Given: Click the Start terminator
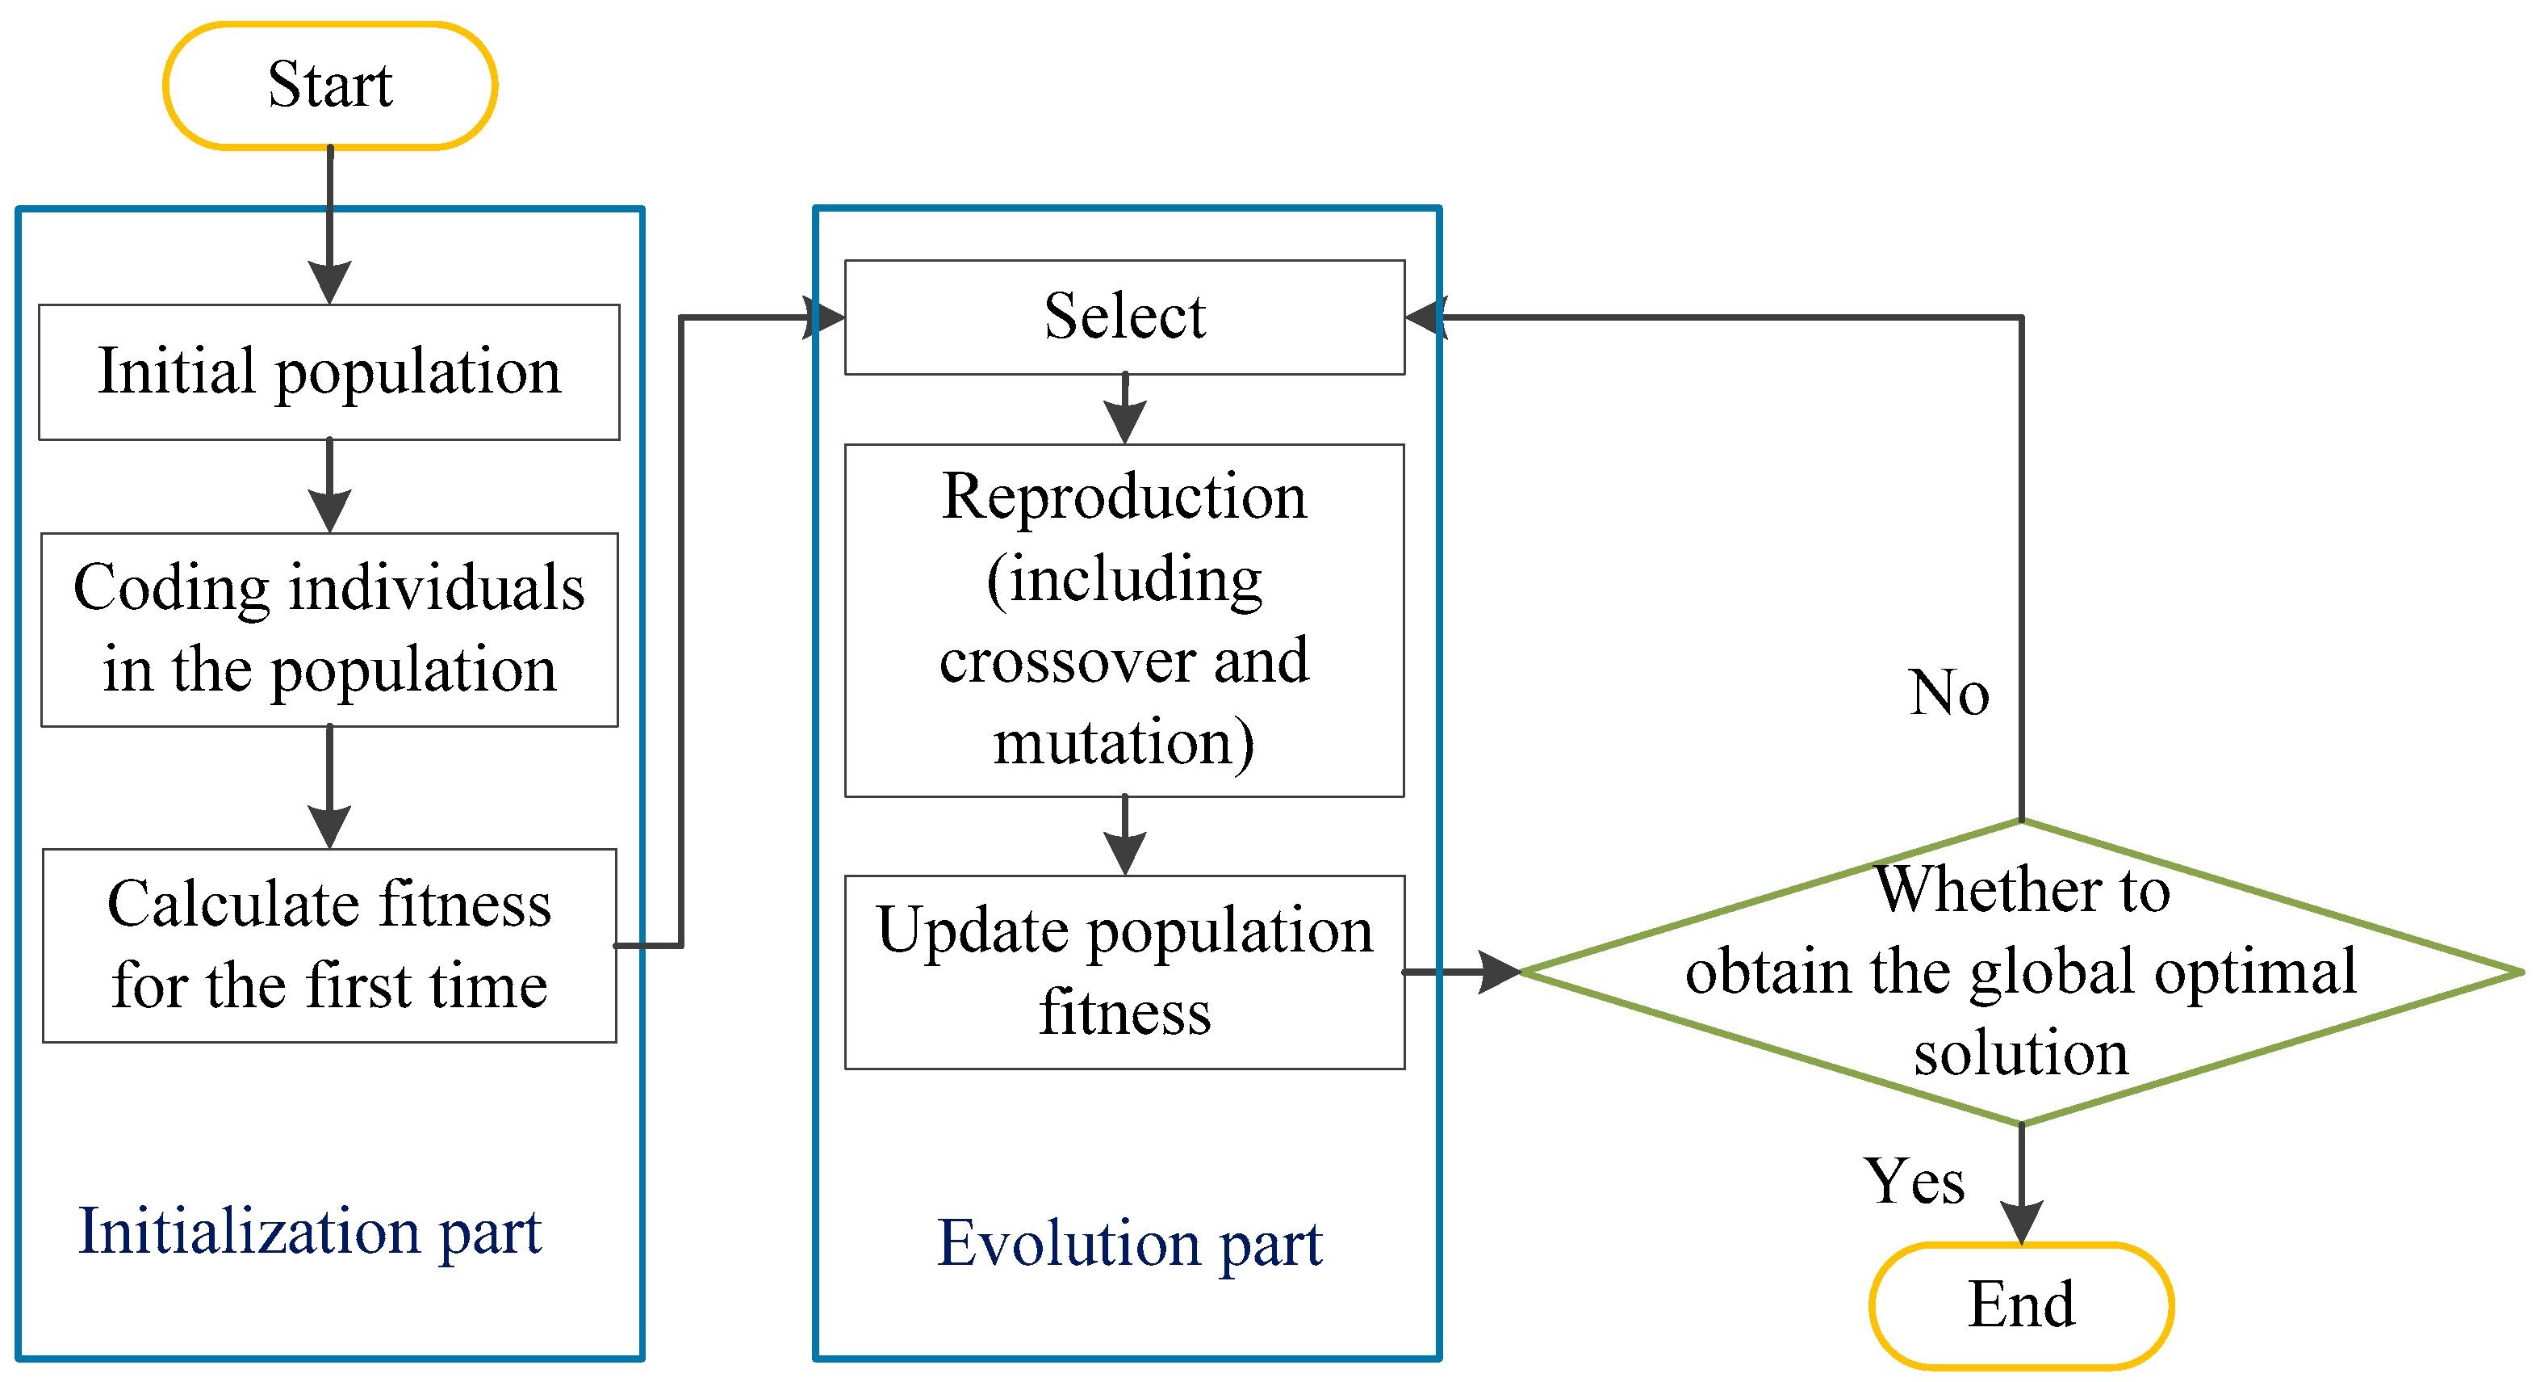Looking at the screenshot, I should [329, 86].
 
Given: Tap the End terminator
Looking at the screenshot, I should [2020, 1304].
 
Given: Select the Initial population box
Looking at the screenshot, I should [329, 372].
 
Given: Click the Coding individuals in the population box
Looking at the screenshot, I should [329, 629].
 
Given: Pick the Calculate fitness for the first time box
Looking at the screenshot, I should [329, 944].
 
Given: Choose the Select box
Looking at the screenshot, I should [1124, 317].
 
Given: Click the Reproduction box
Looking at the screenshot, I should [1124, 620].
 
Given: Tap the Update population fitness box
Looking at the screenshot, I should [1124, 971].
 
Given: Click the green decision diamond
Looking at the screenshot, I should [2020, 972].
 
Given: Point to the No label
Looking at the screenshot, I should [1948, 692].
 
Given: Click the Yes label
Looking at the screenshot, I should [1914, 1181].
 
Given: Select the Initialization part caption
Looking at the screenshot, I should [310, 1232].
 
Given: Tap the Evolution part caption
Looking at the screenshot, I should [1129, 1243].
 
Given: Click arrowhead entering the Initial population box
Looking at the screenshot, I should [329, 284].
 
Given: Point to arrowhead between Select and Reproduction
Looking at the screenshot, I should [1124, 423].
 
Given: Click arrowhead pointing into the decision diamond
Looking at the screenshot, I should [1499, 972].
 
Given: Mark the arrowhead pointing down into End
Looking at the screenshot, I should [2020, 1223].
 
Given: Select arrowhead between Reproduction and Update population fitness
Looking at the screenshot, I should [1124, 853].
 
